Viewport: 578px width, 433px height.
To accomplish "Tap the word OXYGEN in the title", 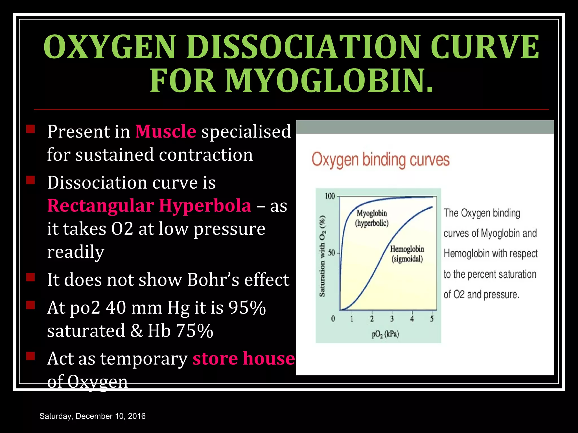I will click(110, 47).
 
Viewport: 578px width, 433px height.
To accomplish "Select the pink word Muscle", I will click(166, 131).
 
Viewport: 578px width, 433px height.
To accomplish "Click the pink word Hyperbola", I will click(205, 206).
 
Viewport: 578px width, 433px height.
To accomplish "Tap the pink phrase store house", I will click(244, 358).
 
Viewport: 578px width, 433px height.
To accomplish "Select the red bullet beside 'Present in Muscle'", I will click(30, 129).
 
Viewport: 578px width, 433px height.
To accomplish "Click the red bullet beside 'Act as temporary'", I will click(30, 356).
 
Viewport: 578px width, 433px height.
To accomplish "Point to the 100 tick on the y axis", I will click(330, 196).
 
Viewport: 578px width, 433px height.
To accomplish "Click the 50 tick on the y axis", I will click(331, 253).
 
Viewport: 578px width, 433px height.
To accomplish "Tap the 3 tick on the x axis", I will click(392, 319).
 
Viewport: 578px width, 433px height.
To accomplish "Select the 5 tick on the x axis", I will click(432, 319).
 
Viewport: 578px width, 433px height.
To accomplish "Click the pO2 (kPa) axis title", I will click(385, 334).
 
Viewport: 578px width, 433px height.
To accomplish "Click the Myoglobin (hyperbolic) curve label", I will click(372, 218).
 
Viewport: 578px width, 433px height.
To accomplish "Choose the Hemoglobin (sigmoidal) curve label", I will click(407, 254).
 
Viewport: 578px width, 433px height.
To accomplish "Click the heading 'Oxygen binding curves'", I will click(380, 160).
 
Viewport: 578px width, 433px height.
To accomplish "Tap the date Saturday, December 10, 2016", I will click(93, 416).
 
